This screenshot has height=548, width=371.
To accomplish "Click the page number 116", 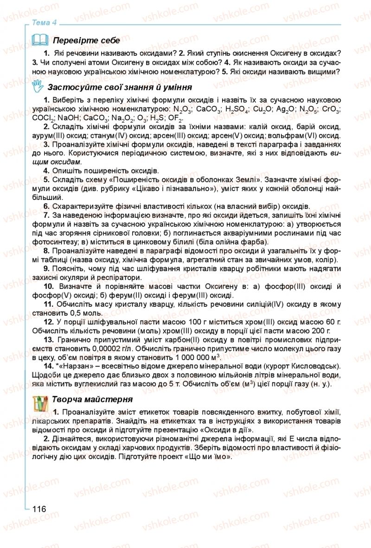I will coord(39,509).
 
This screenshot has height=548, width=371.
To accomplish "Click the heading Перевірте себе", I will coord(86,41).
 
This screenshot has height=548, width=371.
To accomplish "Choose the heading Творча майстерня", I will coord(93,399).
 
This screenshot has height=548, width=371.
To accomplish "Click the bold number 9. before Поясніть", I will coord(46,269).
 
